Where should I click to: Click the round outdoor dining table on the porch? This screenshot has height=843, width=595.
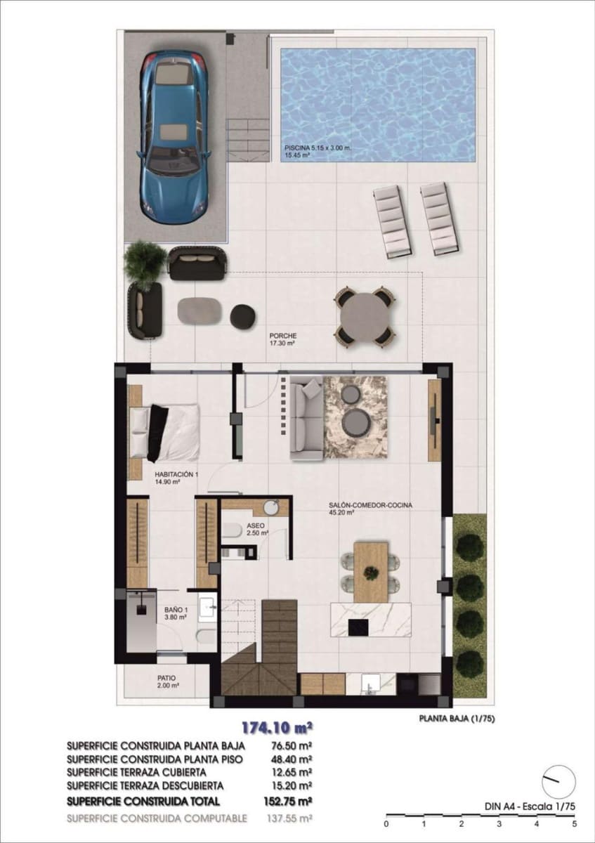point(363,317)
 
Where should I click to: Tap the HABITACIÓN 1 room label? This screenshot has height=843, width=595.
point(177,475)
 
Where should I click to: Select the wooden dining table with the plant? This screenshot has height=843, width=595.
point(371,571)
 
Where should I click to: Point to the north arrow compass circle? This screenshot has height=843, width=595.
point(558,781)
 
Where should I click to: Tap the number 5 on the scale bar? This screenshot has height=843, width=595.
point(575,823)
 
